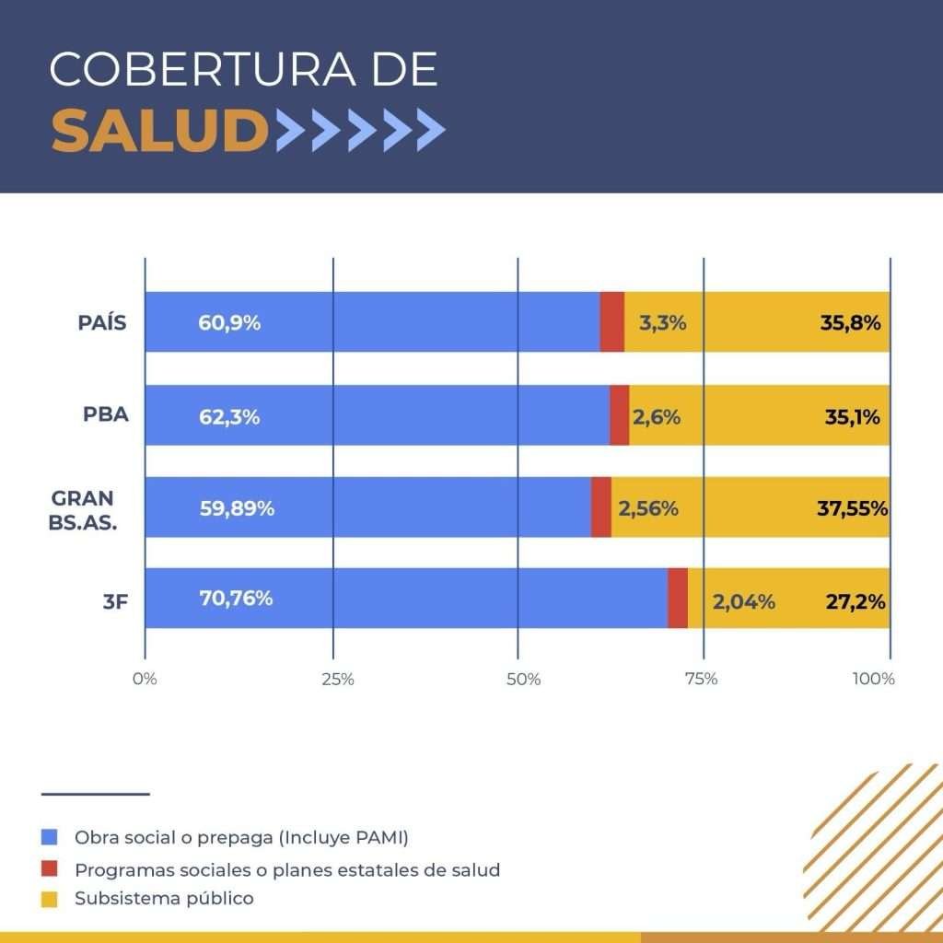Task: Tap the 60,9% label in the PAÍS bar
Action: (229, 323)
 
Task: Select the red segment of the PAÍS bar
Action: (611, 321)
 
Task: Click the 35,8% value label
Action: (851, 323)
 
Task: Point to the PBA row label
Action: (106, 413)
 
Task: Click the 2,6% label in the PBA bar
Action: (657, 417)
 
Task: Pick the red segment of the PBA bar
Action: (619, 415)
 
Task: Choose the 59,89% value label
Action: (237, 508)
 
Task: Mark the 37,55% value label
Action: (852, 508)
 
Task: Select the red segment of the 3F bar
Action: (678, 599)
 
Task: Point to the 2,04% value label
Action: (743, 602)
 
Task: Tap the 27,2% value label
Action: (855, 602)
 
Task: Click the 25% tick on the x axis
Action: (338, 680)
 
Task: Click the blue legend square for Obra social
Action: (50, 837)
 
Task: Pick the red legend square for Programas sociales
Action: (50, 868)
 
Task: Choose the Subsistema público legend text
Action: (164, 898)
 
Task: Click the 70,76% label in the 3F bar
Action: (236, 598)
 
